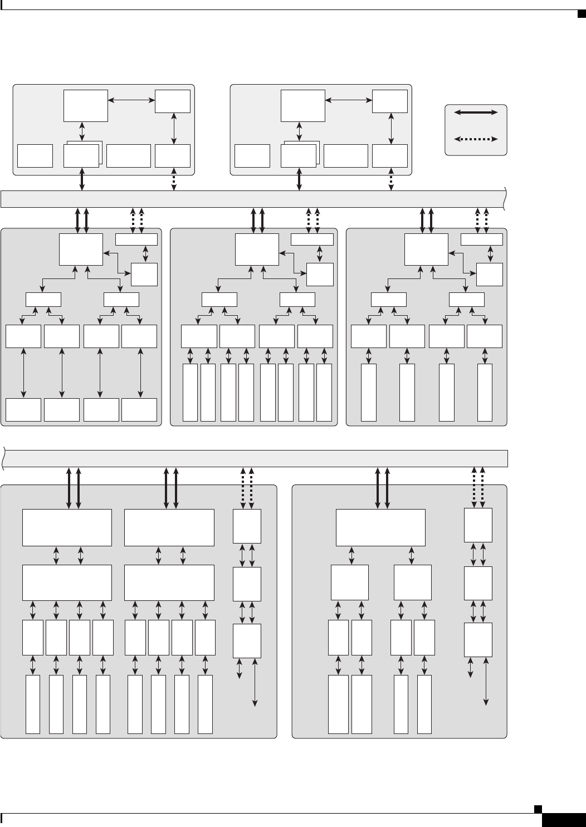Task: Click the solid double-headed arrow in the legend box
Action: pyautogui.click(x=476, y=112)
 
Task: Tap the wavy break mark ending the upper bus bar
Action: pyautogui.click(x=505, y=199)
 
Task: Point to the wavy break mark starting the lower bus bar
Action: pyautogui.click(x=4, y=458)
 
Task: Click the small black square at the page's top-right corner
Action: pyautogui.click(x=579, y=13)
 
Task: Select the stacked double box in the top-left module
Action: pyautogui.click(x=82, y=155)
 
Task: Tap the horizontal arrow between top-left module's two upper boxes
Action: pyautogui.click(x=131, y=100)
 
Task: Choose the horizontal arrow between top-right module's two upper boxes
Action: pyautogui.click(x=349, y=100)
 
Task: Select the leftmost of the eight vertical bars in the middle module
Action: pyautogui.click(x=190, y=393)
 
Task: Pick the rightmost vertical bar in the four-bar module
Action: pyautogui.click(x=485, y=393)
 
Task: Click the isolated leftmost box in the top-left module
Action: pyautogui.click(x=35, y=156)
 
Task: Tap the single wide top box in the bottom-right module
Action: pyautogui.click(x=380, y=527)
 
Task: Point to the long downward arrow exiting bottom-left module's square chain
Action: pyautogui.click(x=256, y=682)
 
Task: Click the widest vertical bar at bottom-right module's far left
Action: pyautogui.click(x=338, y=704)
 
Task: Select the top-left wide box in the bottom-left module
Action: pyautogui.click(x=67, y=527)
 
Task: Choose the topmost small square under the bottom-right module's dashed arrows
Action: pyautogui.click(x=478, y=525)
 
